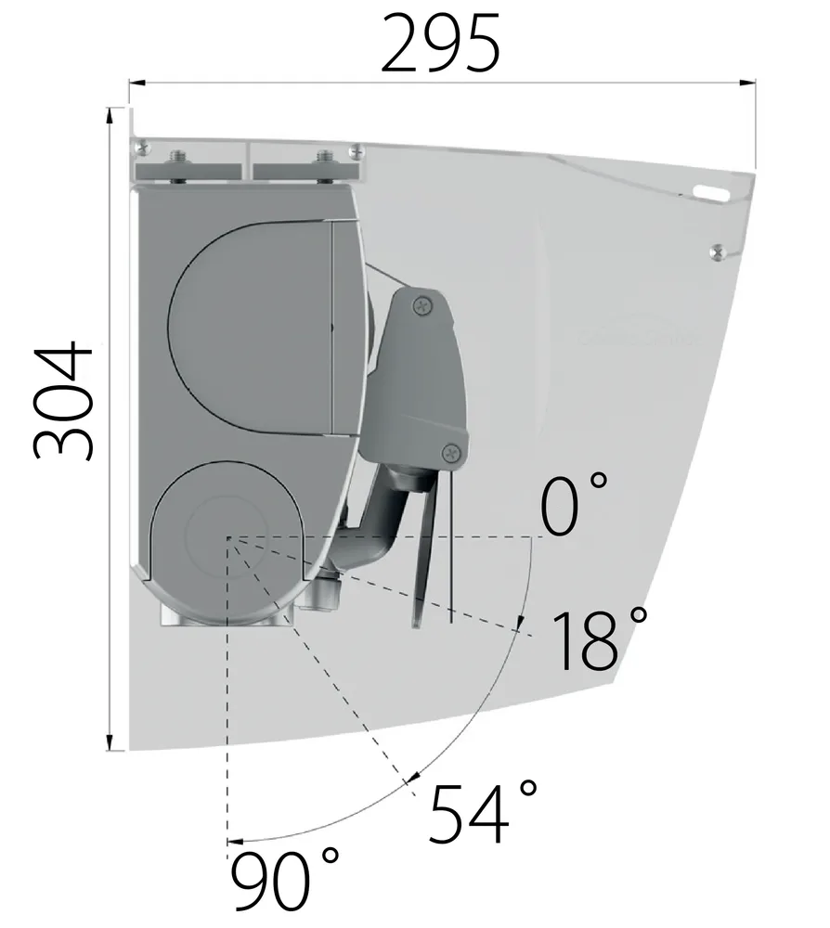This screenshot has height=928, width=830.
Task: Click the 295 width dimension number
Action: [x=440, y=43]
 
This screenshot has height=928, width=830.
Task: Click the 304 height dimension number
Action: [x=62, y=401]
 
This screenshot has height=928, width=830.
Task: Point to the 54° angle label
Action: [x=483, y=812]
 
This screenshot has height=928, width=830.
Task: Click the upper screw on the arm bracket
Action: [x=422, y=305]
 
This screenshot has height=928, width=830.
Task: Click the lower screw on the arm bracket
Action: [x=452, y=454]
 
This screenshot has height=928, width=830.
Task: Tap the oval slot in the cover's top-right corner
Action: [x=712, y=192]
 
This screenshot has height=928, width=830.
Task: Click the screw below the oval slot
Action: [x=718, y=252]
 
